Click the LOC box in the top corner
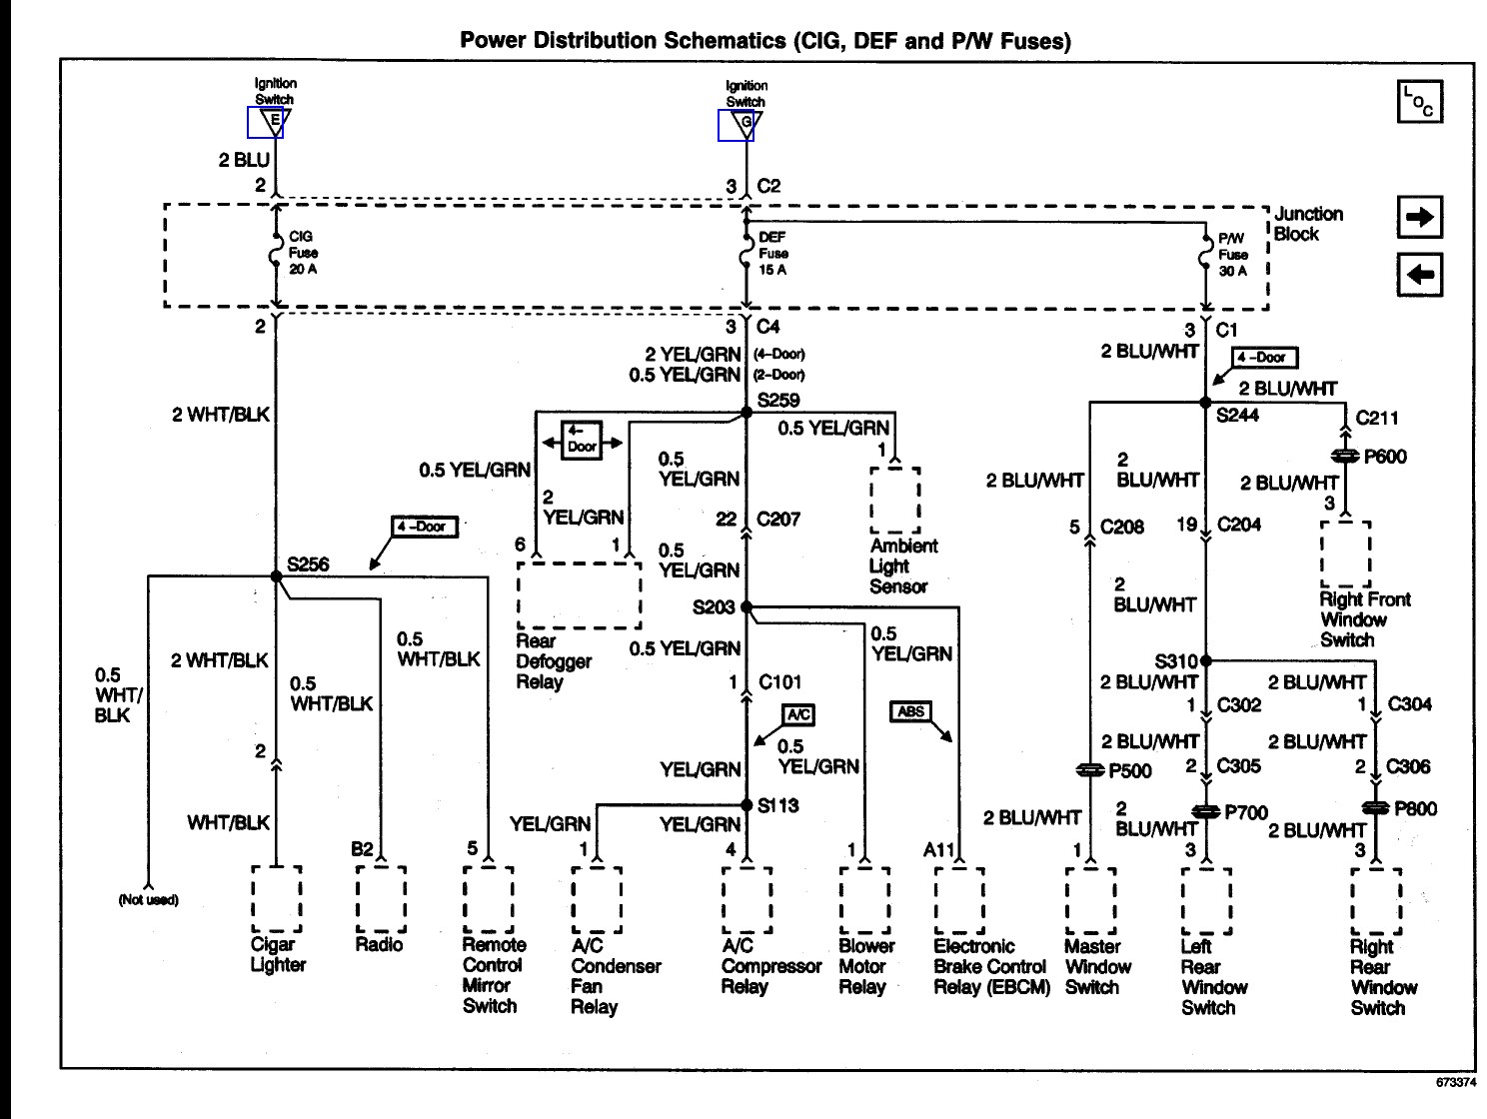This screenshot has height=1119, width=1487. (1420, 102)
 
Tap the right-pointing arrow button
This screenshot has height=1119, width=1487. (1420, 217)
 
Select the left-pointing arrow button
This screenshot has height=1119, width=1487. (1420, 275)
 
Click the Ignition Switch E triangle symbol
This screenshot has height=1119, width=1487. (275, 122)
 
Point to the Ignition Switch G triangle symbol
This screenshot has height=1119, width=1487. (745, 125)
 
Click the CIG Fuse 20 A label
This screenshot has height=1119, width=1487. (303, 253)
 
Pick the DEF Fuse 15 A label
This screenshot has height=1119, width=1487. (772, 254)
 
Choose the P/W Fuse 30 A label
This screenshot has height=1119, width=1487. (1233, 255)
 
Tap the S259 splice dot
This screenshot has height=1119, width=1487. (746, 412)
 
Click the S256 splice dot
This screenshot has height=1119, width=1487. (276, 576)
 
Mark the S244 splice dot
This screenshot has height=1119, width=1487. (1205, 403)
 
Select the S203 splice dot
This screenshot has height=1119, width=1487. (746, 606)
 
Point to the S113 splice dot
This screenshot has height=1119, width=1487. (746, 805)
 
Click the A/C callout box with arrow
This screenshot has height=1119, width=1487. (798, 714)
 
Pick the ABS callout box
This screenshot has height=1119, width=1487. (910, 711)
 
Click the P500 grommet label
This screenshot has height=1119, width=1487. (1130, 771)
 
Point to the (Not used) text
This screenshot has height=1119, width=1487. (148, 899)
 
